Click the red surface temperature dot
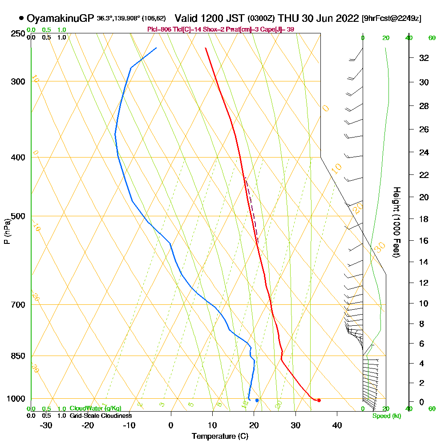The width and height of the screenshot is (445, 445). pos(319,400)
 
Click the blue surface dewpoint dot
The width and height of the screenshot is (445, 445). pos(257,400)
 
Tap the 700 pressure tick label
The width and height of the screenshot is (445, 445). pos(18,305)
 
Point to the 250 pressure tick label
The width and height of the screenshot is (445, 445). pos(18,34)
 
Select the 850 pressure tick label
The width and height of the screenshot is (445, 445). pos(18,356)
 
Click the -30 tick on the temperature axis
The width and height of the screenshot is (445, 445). pos(46,425)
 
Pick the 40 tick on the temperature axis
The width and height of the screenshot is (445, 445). pos(337,425)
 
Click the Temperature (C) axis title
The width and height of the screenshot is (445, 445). pos(220,436)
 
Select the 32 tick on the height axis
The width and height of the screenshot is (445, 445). pos(424,57)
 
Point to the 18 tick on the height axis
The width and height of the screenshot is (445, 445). pos(424,219)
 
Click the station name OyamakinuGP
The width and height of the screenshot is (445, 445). pos(61,18)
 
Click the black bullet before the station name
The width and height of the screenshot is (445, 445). pos(21,18)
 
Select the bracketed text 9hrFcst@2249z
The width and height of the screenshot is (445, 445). pos(392,18)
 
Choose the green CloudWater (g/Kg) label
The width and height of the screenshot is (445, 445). pos(95,409)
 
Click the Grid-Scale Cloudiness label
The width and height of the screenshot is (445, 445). pos(101,416)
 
